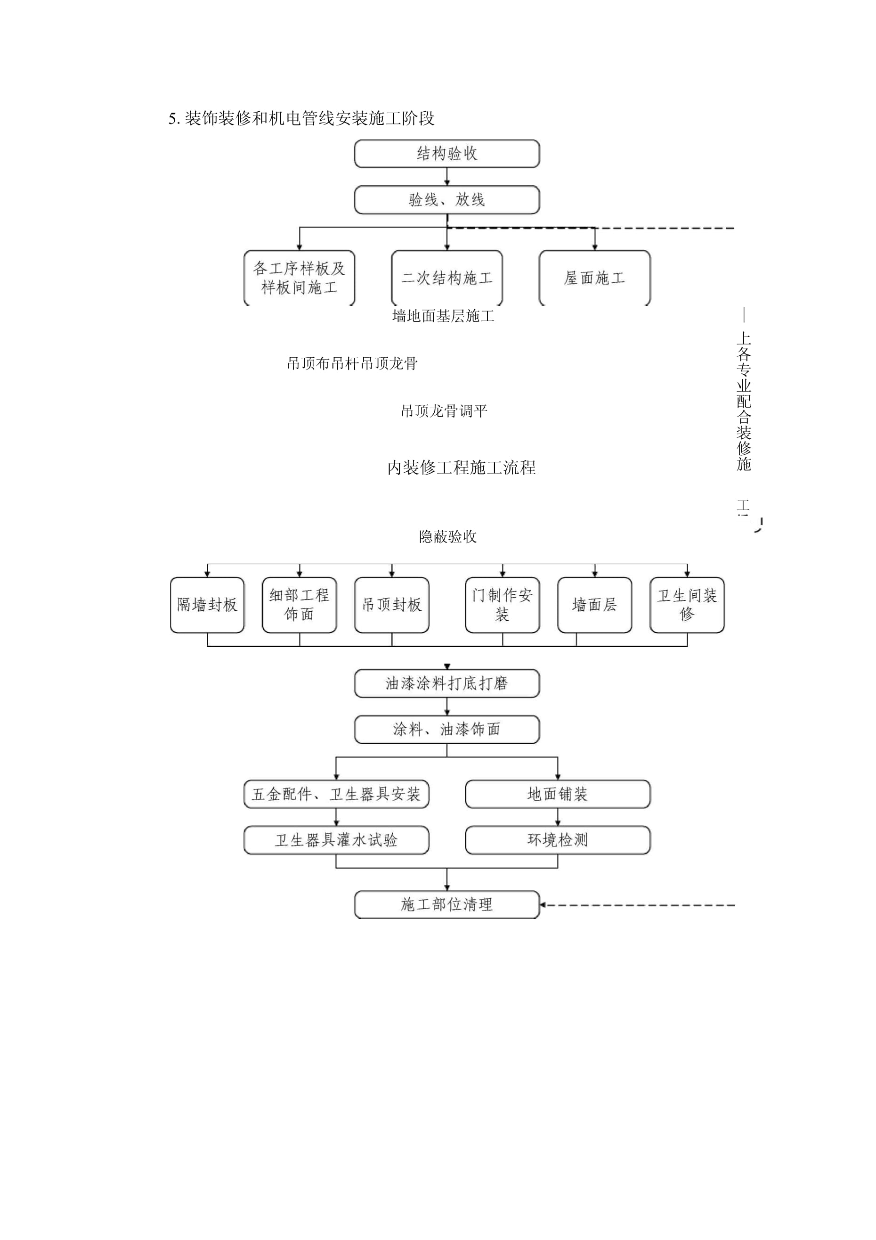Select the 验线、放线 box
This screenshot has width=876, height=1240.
[446, 200]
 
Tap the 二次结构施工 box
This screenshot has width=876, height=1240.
[446, 278]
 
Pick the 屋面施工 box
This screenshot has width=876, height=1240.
[594, 278]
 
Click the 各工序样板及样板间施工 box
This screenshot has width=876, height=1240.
[299, 278]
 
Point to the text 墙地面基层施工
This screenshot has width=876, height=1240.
[443, 316]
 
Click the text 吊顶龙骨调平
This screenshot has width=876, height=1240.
[444, 411]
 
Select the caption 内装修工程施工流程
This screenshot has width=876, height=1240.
[462, 467]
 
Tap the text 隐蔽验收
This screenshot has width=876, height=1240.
[447, 536]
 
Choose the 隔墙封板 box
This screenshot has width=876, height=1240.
[207, 605]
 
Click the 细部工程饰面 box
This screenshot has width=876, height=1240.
[299, 605]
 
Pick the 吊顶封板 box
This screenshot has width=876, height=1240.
[391, 605]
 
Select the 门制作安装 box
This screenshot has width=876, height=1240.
[502, 605]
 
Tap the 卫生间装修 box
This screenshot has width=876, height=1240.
[687, 605]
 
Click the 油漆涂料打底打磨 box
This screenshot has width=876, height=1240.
[446, 684]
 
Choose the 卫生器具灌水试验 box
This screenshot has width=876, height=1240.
[336, 840]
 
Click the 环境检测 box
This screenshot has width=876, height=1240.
[557, 840]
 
